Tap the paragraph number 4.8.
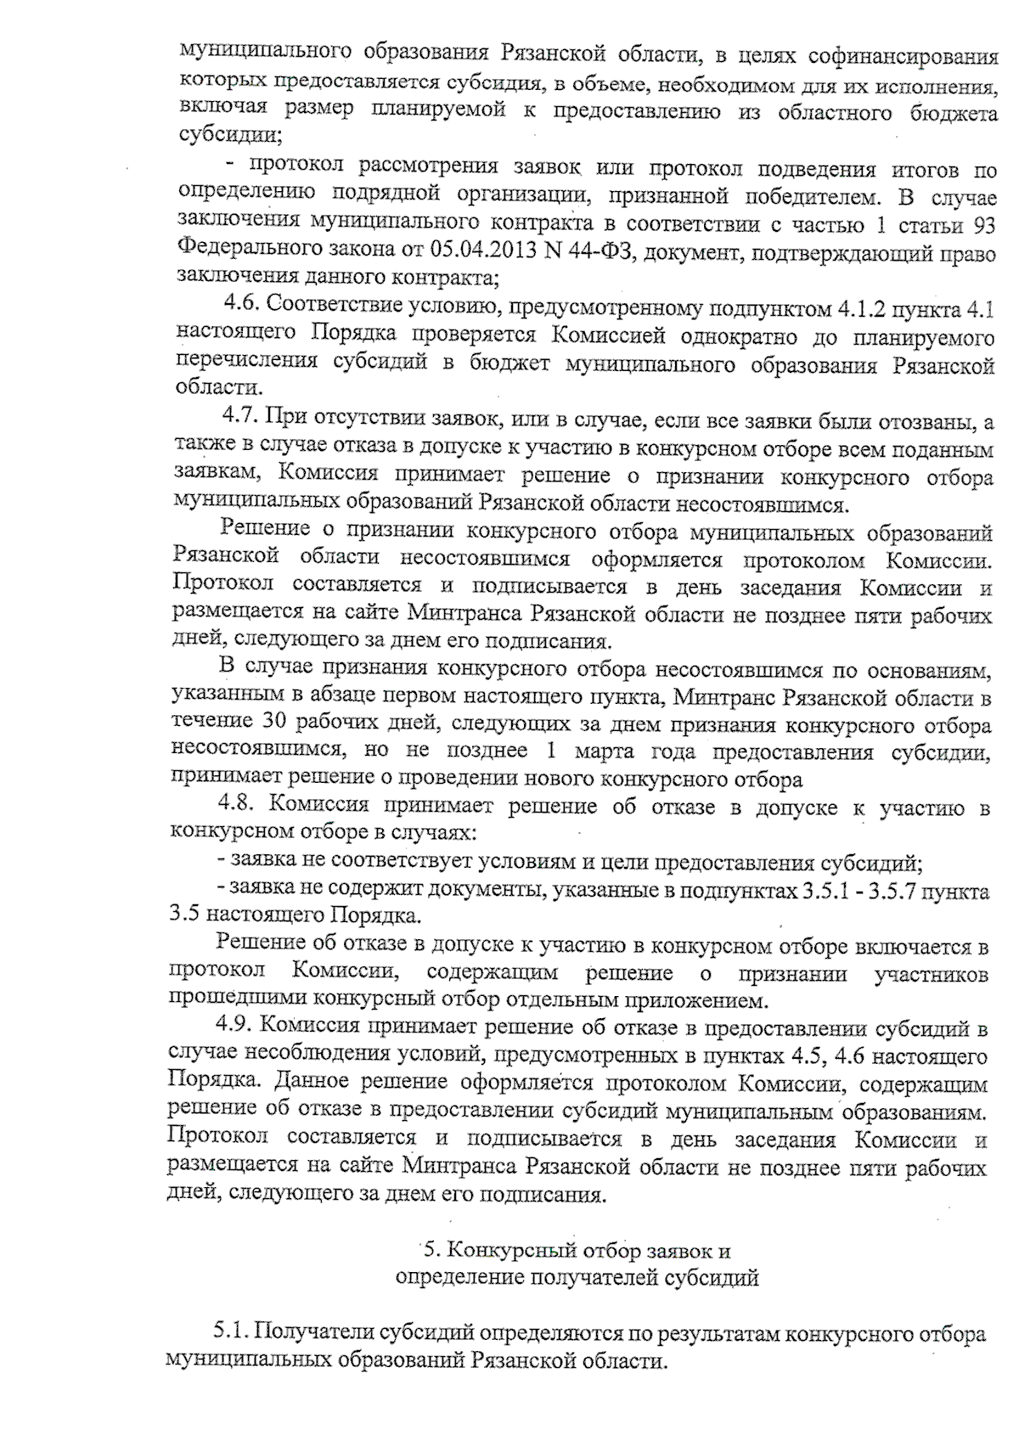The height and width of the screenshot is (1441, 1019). click(238, 804)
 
